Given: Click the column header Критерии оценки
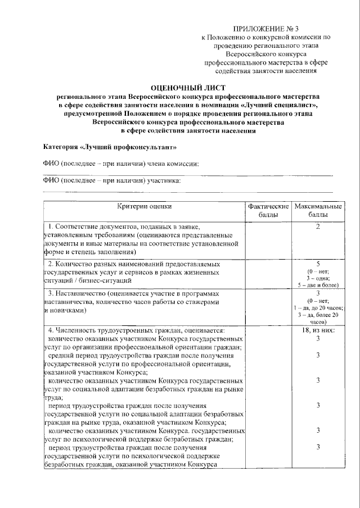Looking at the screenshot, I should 145,207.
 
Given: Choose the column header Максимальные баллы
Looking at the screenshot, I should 318,211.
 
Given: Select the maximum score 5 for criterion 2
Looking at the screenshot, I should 318,263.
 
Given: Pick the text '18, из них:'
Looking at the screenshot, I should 318,330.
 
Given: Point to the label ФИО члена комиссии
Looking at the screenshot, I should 121,164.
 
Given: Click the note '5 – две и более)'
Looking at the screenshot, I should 318,285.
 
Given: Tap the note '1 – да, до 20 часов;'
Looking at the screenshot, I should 318,309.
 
